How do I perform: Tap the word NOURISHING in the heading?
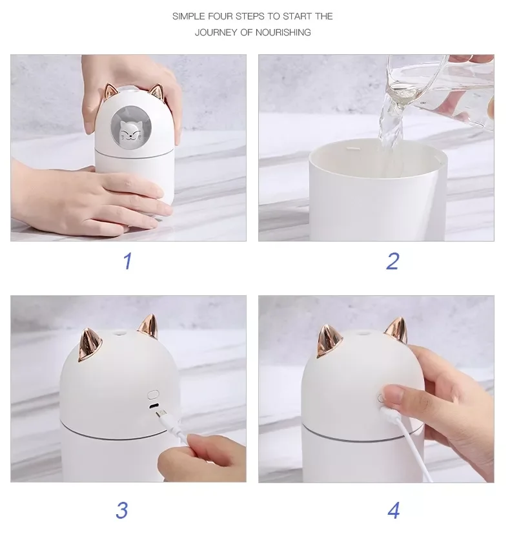tap(283, 32)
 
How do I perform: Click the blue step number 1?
tap(128, 261)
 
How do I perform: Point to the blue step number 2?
tap(393, 261)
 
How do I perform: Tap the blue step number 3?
tap(122, 510)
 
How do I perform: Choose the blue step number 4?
tap(394, 510)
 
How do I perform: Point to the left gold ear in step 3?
tap(90, 345)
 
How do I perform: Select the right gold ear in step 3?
tap(148, 326)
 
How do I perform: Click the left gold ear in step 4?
tap(329, 341)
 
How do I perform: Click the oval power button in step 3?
tap(153, 394)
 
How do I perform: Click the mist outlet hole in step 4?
tap(362, 333)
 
